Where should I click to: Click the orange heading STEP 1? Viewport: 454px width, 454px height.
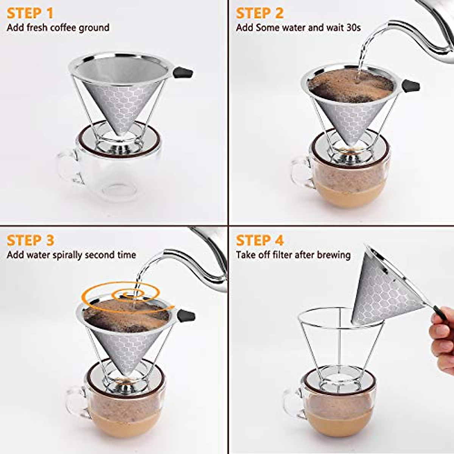30,13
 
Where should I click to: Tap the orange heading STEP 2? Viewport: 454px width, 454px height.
260,13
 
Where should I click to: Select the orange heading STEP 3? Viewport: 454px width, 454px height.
30,241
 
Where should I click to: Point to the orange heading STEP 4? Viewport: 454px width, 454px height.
260,241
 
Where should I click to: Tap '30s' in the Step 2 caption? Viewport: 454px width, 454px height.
353,28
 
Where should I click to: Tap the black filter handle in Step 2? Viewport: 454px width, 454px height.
411,86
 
